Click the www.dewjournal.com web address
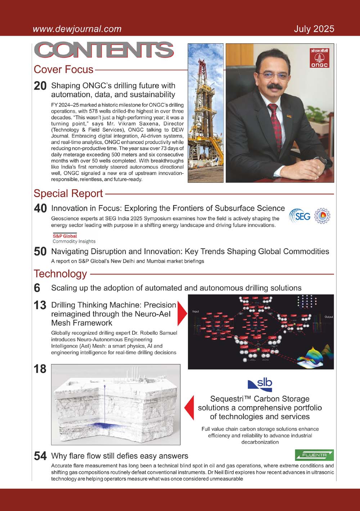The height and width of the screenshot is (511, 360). (x=77, y=29)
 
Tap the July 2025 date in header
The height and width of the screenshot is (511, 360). (x=314, y=29)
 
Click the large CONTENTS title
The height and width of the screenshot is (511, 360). (x=104, y=50)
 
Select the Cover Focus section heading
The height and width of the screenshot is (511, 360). (x=63, y=69)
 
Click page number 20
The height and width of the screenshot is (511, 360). (x=40, y=86)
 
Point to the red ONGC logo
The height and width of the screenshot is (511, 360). (x=319, y=58)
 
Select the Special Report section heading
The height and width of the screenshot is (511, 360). (x=68, y=193)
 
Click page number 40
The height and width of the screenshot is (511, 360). (x=40, y=209)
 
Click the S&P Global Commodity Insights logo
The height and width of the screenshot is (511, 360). (x=74, y=239)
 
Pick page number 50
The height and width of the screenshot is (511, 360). (x=40, y=252)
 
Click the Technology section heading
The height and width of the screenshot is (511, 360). (x=60, y=274)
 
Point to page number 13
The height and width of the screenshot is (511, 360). (x=40, y=305)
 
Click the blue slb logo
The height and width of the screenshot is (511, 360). (x=260, y=385)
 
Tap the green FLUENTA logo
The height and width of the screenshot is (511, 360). (x=314, y=455)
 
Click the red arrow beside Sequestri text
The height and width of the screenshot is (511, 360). (x=189, y=408)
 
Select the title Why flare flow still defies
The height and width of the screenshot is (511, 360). (x=120, y=456)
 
